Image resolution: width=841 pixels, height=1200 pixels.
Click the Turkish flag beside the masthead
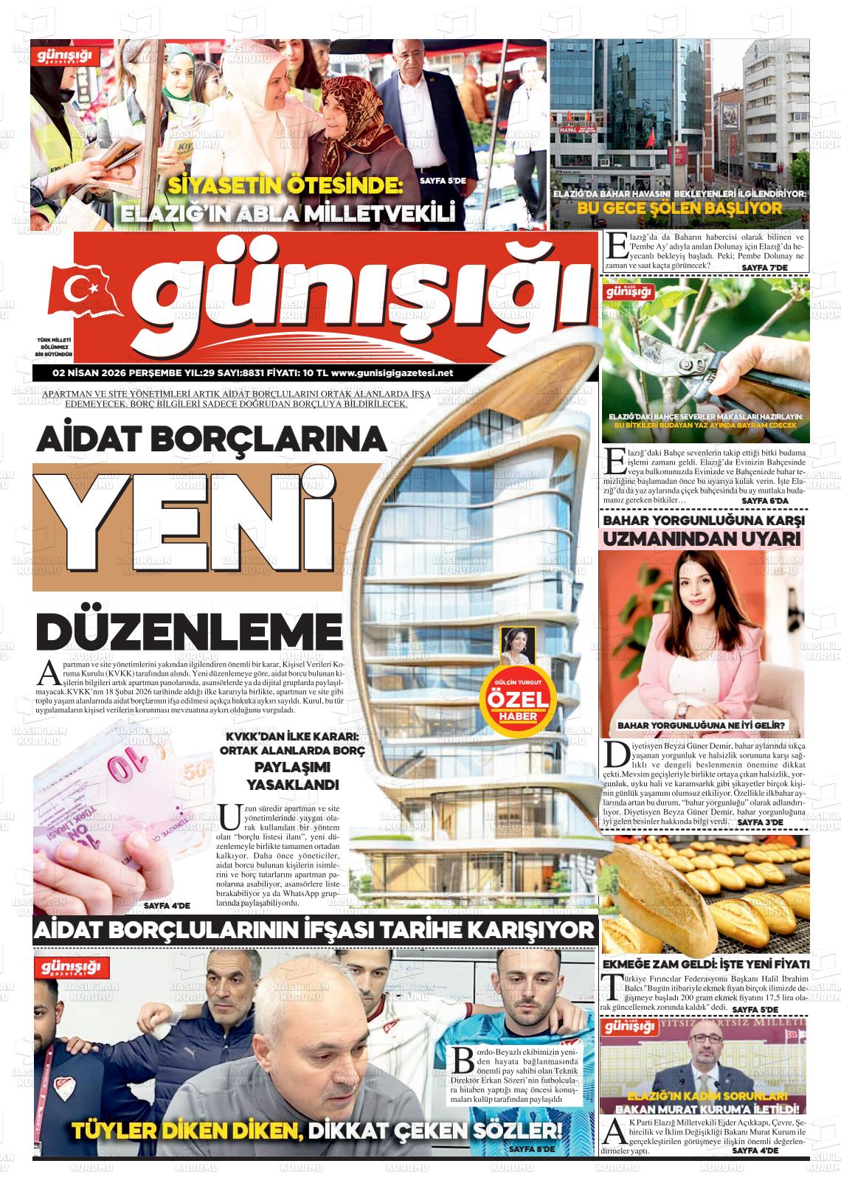click(x=79, y=290)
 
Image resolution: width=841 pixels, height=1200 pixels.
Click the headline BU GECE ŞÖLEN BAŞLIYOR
click(x=679, y=209)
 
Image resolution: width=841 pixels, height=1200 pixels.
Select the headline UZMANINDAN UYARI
click(x=702, y=539)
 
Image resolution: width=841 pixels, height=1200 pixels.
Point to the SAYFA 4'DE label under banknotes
click(x=167, y=905)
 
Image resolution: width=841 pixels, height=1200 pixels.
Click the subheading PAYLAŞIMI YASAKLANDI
click(x=292, y=778)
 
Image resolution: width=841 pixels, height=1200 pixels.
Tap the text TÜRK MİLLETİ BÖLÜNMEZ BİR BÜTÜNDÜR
click(x=53, y=347)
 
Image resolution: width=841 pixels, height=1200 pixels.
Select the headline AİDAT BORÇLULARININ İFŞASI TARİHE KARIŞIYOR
click(x=314, y=930)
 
